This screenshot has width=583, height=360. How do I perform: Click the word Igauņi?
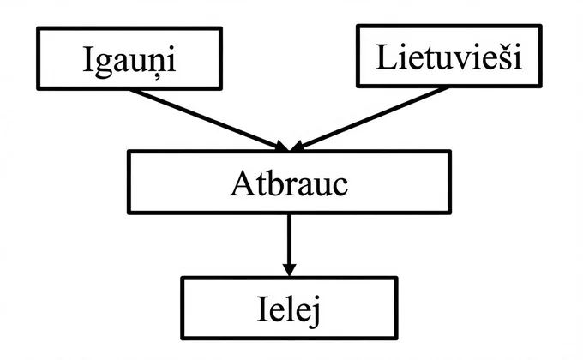129,62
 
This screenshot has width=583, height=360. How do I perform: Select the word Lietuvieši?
448,57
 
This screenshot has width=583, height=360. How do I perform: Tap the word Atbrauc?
289,183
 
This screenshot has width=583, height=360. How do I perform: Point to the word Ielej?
289,309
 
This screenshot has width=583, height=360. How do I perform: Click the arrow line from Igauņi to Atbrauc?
209,120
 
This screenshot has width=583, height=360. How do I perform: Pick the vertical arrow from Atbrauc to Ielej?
289,245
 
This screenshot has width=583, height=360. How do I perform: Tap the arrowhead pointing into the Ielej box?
289,270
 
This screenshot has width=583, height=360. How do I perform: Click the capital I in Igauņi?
87,59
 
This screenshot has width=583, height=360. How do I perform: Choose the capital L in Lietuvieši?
386,57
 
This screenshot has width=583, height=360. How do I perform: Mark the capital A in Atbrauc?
243,183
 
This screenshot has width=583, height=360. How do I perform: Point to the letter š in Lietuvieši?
507,57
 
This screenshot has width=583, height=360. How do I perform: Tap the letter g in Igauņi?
104,66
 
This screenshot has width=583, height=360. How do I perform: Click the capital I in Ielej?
262,309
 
